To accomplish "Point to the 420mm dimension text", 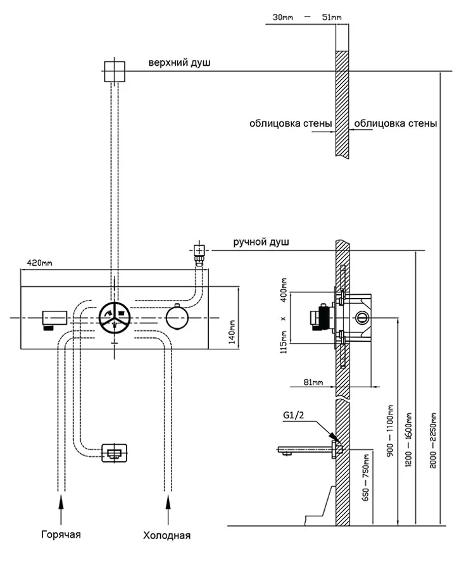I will (x=41, y=263).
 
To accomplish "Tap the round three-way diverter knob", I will (x=115, y=316).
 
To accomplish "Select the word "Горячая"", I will (x=61, y=534).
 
